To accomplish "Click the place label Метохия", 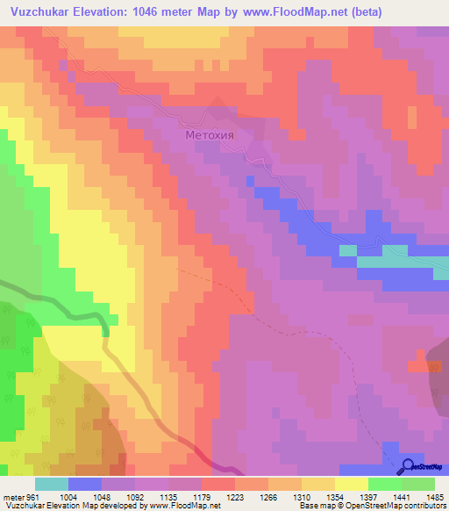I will (x=211, y=136).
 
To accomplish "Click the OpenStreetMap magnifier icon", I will (x=408, y=467).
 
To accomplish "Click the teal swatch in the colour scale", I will (x=52, y=484).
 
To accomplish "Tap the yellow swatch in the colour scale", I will (x=352, y=484).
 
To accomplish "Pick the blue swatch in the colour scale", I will (x=85, y=484).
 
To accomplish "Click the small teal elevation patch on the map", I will (x=348, y=250).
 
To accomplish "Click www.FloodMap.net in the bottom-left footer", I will (x=184, y=506).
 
